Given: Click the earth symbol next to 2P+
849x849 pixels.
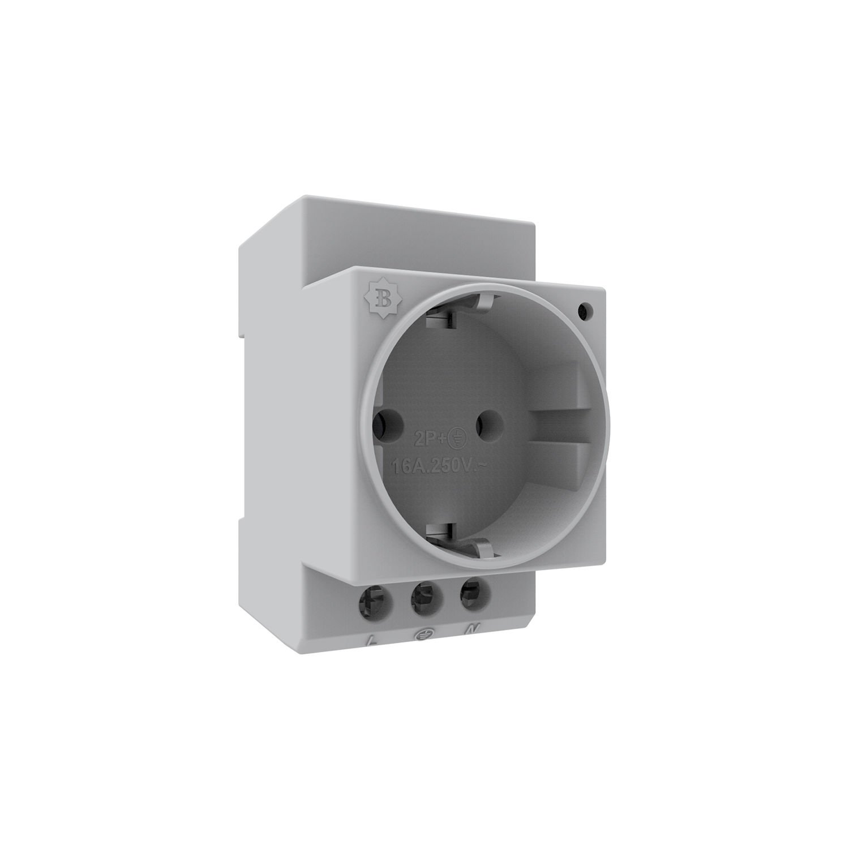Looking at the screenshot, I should [457, 436].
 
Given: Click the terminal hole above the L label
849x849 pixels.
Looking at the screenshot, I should [376, 595].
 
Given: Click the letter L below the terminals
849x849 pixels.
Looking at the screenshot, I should [372, 641].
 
